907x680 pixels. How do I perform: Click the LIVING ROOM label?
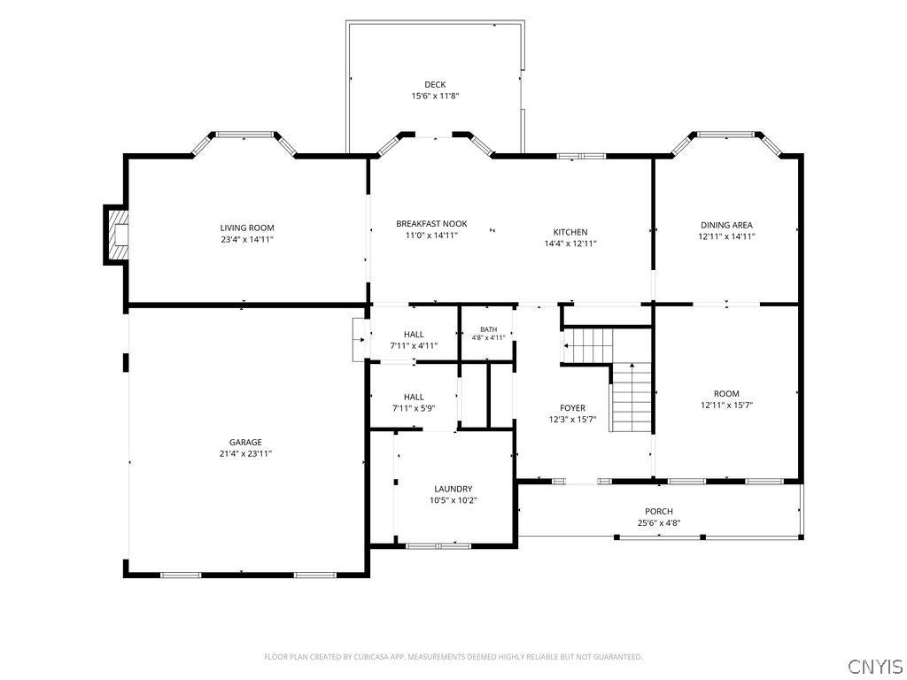247,228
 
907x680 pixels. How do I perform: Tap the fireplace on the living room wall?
116,235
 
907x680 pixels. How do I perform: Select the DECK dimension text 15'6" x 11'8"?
435,96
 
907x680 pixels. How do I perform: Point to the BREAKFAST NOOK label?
431,224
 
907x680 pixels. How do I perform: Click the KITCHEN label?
570,233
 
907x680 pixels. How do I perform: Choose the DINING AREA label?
726,225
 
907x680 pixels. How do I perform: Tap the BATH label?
488,329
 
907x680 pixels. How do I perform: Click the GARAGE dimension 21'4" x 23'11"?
245,453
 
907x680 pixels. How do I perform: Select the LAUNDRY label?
453,489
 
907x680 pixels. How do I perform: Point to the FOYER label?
573,408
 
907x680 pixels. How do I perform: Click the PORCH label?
659,511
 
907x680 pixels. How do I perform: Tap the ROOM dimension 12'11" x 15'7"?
726,406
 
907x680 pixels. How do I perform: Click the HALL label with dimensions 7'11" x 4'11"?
414,334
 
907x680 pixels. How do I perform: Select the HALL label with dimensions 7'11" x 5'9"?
414,397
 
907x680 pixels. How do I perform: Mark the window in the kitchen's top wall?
581,156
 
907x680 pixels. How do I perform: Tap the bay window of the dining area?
726,135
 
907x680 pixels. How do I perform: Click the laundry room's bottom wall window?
438,545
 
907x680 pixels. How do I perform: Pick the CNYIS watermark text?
875,666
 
